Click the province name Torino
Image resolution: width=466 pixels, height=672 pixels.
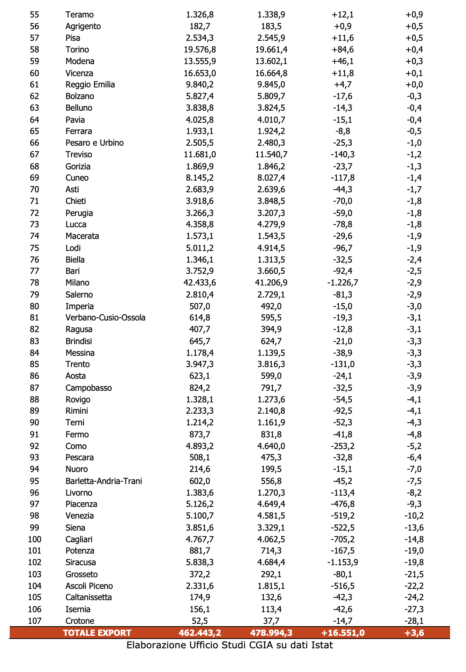click(77, 50)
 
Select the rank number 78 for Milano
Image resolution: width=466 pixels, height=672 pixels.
click(35, 283)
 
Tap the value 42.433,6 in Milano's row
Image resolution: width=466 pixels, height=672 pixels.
click(200, 283)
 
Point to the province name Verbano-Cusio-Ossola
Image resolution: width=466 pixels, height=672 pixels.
click(106, 318)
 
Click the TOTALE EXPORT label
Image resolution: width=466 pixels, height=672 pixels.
click(97, 633)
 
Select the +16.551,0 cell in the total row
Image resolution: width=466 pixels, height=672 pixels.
click(343, 633)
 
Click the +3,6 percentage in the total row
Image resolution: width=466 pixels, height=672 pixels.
click(414, 633)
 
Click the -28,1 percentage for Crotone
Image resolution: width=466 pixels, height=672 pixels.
click(414, 621)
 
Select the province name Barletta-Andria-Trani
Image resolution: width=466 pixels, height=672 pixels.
click(104, 481)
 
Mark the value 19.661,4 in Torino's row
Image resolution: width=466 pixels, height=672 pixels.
click(272, 50)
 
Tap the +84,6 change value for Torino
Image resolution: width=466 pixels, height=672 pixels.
click(343, 50)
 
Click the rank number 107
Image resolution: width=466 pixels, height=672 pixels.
click(35, 621)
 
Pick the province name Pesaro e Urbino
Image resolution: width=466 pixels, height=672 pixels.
click(95, 143)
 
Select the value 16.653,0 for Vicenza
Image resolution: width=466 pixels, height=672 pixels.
click(200, 73)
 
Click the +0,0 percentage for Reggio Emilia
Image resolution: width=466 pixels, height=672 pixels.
click(414, 85)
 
